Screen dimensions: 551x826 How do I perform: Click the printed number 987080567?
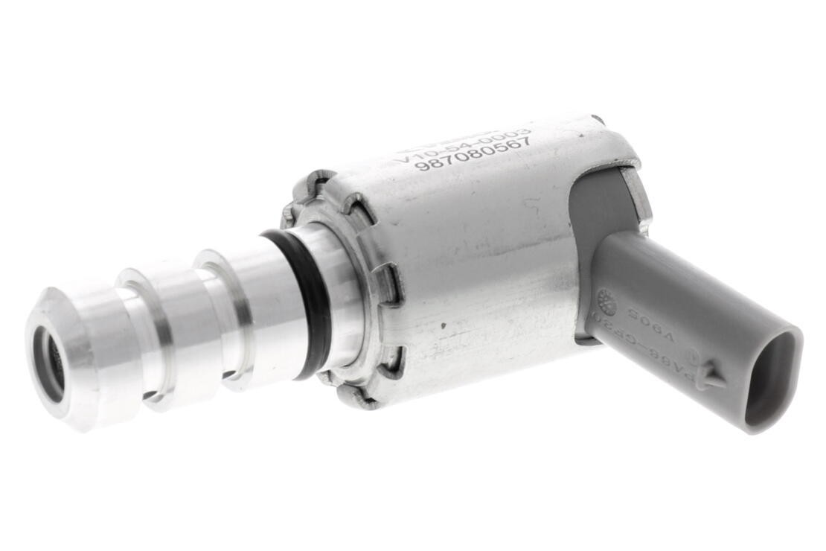pyautogui.click(x=473, y=153)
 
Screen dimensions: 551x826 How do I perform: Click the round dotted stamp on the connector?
pyautogui.click(x=606, y=302)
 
